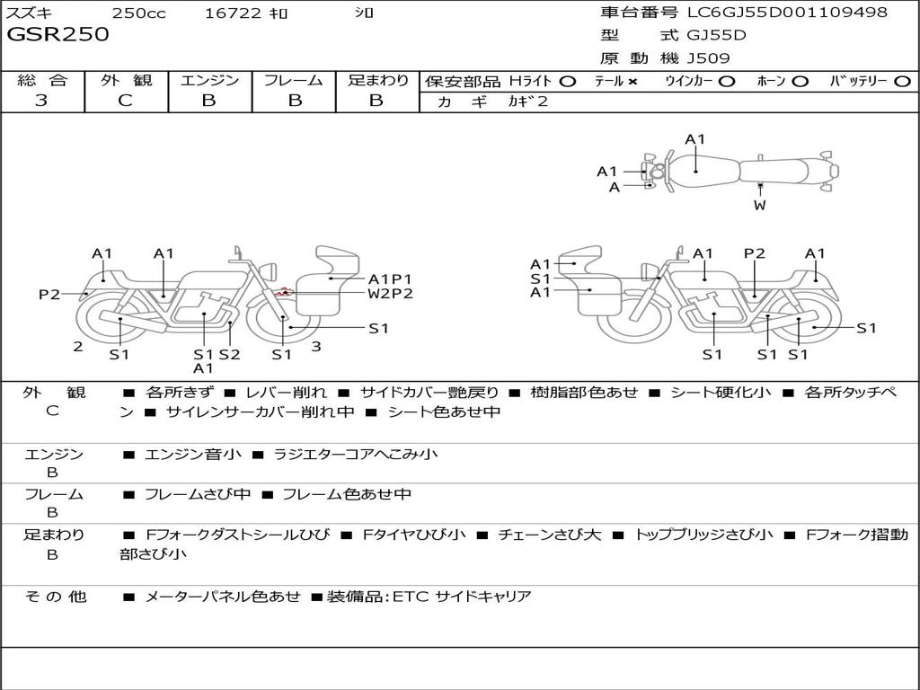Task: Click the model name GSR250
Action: coord(58,34)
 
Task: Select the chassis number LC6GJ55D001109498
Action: coord(787,12)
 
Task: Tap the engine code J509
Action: coord(708,58)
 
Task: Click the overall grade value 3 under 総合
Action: coord(41,101)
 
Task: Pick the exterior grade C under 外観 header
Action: coord(126,101)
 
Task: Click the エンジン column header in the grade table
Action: coord(209,80)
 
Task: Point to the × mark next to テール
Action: coord(632,82)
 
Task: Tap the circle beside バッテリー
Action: coord(902,82)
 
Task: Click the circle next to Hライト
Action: coord(568,82)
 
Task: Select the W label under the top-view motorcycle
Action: coord(760,206)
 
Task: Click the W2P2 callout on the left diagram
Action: coord(390,294)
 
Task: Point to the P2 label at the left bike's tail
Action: coord(49,295)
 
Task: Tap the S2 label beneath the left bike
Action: coord(229,354)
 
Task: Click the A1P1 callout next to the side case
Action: coord(390,279)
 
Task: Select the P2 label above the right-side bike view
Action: coord(755,253)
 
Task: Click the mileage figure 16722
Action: coord(233,13)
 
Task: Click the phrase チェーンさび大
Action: coord(549,535)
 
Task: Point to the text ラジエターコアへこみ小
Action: coord(356,454)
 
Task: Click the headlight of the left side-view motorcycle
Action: coord(270,272)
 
